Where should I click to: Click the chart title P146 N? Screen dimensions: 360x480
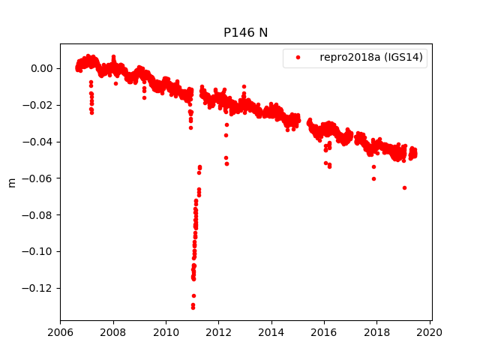click(x=245, y=32)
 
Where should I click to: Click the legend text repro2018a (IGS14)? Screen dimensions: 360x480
click(x=372, y=58)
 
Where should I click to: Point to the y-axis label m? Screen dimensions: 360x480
click(x=11, y=182)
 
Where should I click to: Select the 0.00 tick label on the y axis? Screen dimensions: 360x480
click(x=41, y=68)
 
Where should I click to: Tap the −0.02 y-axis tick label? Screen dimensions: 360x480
click(x=37, y=105)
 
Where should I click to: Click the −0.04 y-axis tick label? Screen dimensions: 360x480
click(x=37, y=142)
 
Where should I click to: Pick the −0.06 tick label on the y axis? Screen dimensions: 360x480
click(x=37, y=178)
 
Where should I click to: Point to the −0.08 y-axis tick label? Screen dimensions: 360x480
click(x=37, y=215)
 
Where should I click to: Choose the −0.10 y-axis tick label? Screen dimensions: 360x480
click(x=37, y=251)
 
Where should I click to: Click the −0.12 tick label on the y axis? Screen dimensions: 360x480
click(x=37, y=288)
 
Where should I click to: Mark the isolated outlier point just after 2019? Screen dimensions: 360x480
click(x=404, y=187)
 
